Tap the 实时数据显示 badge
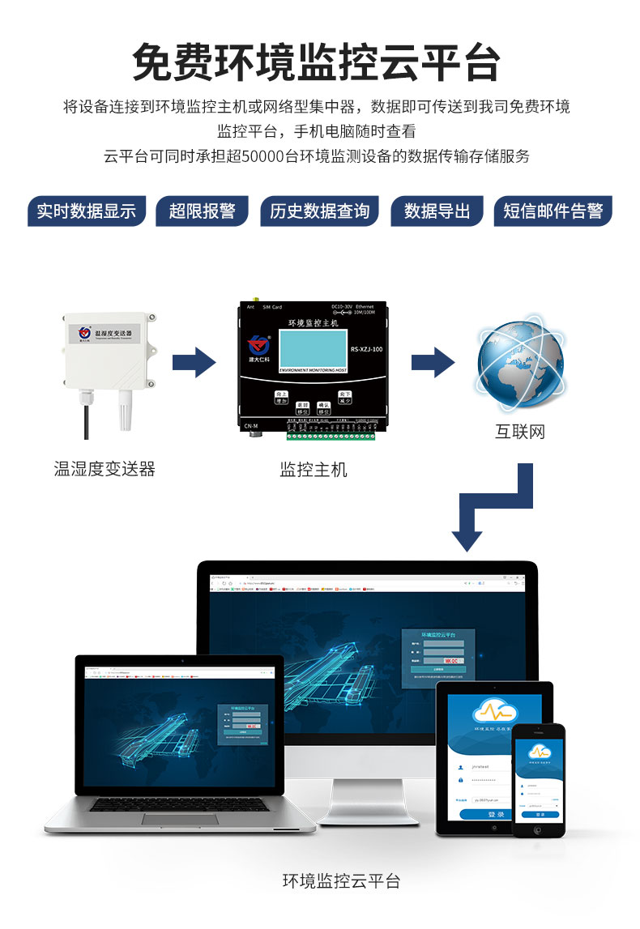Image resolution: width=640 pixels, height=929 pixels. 86,211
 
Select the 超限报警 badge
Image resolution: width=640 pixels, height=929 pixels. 203,211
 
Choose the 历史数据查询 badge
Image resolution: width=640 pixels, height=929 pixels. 319,211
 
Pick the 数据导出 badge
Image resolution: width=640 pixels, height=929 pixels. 437,211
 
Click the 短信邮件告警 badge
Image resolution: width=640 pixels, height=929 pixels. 553,211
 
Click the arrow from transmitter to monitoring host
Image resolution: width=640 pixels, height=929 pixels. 194,361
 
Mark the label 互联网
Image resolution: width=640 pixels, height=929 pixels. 520,431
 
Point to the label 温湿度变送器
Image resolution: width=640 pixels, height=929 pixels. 105,468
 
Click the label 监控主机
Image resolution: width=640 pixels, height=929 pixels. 314,469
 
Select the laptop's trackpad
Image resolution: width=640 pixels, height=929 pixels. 180,819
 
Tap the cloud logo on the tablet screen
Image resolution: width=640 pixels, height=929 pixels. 495,711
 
